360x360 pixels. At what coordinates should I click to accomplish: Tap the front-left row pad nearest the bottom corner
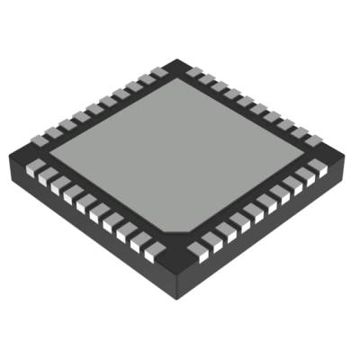[155, 254]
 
